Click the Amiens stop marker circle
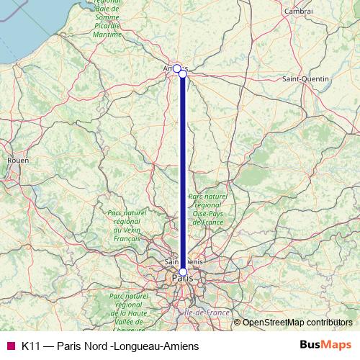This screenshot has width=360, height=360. (x=176, y=68)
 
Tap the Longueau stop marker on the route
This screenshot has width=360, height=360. (x=183, y=73)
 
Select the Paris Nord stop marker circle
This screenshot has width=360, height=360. (x=183, y=271)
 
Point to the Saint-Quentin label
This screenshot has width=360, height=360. (x=305, y=78)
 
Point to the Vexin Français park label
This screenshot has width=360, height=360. (x=126, y=225)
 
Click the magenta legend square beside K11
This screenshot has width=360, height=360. (x=9, y=346)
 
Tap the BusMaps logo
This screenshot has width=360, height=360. (x=325, y=346)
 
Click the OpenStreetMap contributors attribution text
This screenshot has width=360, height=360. (x=297, y=322)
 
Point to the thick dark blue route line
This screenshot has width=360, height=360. (x=183, y=173)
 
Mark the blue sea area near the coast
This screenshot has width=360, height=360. (x=22, y=29)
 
